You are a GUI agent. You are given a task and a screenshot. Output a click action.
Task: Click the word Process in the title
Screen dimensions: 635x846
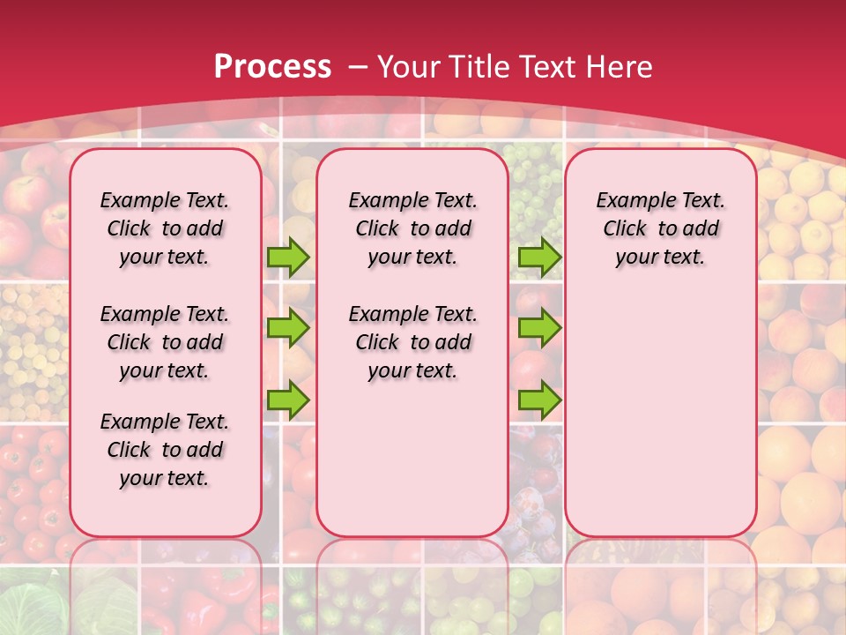point(272,67)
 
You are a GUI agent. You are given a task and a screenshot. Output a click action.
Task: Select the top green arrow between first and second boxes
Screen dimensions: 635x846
point(288,257)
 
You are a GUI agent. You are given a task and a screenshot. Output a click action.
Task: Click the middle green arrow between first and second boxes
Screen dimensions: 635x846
point(288,328)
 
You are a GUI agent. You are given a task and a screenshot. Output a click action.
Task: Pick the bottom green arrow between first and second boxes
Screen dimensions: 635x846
point(288,400)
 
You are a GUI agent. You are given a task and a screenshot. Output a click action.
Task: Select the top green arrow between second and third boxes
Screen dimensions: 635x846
point(539,257)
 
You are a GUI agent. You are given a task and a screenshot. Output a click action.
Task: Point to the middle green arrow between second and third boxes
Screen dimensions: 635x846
point(539,328)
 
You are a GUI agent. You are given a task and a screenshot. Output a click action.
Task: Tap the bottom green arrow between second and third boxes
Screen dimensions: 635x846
point(539,400)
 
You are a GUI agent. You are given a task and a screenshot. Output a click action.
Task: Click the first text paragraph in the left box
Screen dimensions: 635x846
point(165,228)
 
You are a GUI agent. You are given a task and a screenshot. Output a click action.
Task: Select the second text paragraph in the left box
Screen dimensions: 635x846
point(165,342)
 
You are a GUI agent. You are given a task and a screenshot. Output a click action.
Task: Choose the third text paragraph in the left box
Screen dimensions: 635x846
point(165,450)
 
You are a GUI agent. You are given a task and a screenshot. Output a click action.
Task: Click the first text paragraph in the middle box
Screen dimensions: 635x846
point(412,228)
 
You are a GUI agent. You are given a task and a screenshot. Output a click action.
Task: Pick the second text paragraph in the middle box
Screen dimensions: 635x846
point(412,342)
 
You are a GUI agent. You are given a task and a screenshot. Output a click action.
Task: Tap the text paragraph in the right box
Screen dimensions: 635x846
point(660,228)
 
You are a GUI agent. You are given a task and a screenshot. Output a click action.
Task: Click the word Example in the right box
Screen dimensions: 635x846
point(629,201)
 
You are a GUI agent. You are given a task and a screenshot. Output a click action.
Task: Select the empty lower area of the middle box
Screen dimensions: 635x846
point(412,459)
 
